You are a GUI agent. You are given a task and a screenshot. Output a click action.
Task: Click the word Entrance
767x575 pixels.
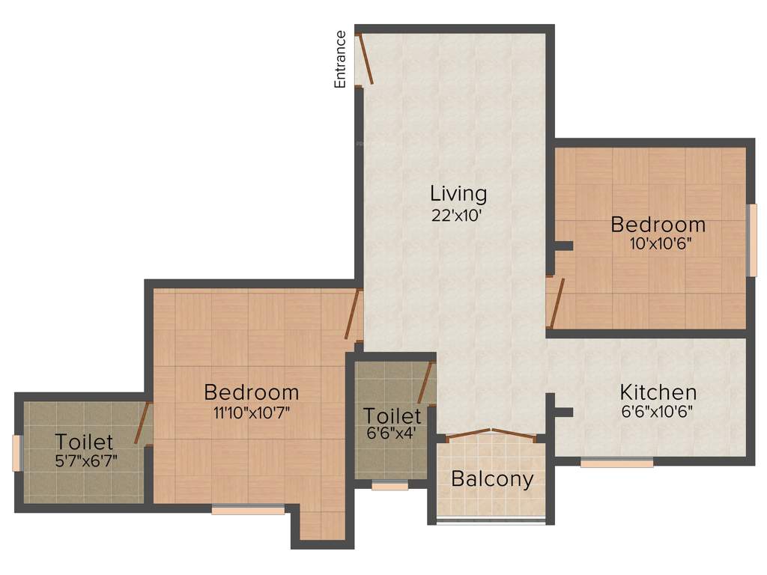coord(340,59)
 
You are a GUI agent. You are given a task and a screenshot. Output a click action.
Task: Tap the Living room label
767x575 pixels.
coord(458,193)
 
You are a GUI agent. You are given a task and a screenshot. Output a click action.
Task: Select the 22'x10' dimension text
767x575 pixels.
coord(458,214)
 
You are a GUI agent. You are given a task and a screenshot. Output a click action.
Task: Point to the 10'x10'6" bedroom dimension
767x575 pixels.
coord(659,243)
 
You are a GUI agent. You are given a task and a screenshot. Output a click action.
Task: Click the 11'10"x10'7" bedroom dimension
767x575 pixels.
coord(251,411)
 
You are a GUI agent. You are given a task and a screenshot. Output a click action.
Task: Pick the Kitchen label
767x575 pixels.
coord(658,392)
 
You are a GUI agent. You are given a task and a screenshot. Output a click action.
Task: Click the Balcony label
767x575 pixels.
coord(492,479)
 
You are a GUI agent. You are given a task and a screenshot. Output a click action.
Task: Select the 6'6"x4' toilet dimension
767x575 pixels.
coord(392,433)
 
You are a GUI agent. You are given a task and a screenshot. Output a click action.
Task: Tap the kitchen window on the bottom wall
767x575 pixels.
coord(616,463)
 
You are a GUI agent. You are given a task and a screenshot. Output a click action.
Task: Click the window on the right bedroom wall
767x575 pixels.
coord(751,240)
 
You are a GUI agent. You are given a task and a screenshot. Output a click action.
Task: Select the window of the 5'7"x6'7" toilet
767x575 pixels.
coord(17,453)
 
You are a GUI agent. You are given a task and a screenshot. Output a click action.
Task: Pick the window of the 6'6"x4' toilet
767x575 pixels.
coord(389,485)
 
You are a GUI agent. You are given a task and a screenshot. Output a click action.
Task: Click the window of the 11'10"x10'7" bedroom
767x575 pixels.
coord(248,511)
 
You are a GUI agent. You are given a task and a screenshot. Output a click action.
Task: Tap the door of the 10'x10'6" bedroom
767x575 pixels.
coord(555,303)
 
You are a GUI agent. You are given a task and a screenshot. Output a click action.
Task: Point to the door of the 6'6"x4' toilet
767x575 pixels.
coord(426,383)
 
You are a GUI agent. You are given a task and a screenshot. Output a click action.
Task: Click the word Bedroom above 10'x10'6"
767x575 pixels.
coord(658,224)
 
